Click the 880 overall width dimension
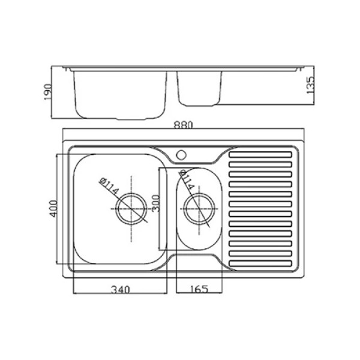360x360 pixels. coord(184,125)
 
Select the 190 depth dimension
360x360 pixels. coord(48,92)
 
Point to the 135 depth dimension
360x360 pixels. coord(310,85)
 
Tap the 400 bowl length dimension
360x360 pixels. coord(53,209)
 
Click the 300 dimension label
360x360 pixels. coord(155,203)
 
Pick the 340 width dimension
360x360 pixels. coord(121,290)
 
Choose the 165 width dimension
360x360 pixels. coord(199,289)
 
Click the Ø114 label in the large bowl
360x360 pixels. coord(109,186)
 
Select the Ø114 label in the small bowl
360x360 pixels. coord(187,180)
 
